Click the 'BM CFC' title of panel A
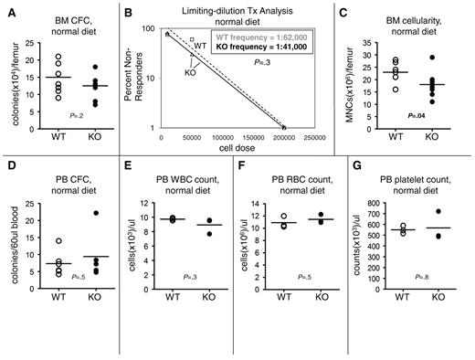[x=71, y=8]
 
